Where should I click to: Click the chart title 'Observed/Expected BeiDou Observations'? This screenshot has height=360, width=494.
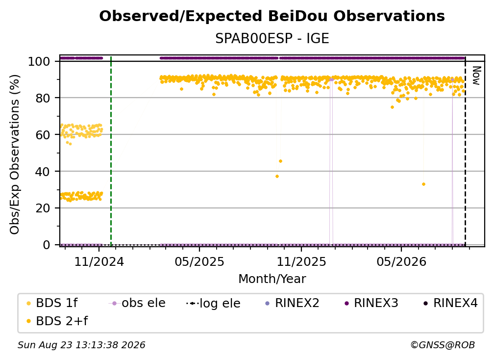pyautogui.click(x=272, y=16)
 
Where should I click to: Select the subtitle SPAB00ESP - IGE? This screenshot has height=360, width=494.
pyautogui.click(x=272, y=39)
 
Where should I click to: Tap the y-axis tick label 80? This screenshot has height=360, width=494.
pyautogui.click(x=43, y=98)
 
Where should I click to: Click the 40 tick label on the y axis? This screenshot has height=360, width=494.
pyautogui.click(x=43, y=172)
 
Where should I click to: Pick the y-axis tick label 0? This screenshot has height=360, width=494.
pyautogui.click(x=47, y=245)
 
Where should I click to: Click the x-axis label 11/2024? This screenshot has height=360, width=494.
pyautogui.click(x=99, y=261)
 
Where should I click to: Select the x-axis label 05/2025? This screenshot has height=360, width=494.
pyautogui.click(x=199, y=261)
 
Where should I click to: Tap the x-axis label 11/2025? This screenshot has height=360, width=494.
pyautogui.click(x=301, y=261)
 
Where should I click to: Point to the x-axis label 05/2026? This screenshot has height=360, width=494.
pyautogui.click(x=401, y=261)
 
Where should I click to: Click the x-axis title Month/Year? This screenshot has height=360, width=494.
pyautogui.click(x=272, y=279)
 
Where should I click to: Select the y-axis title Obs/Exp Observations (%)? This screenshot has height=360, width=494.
pyautogui.click(x=15, y=154)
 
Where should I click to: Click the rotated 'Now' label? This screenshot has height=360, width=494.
pyautogui.click(x=476, y=76)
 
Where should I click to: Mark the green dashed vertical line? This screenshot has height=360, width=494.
pyautogui.click(x=111, y=151)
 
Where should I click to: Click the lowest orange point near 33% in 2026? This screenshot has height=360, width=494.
pyautogui.click(x=424, y=184)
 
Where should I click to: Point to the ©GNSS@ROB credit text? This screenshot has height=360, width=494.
pyautogui.click(x=443, y=345)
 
